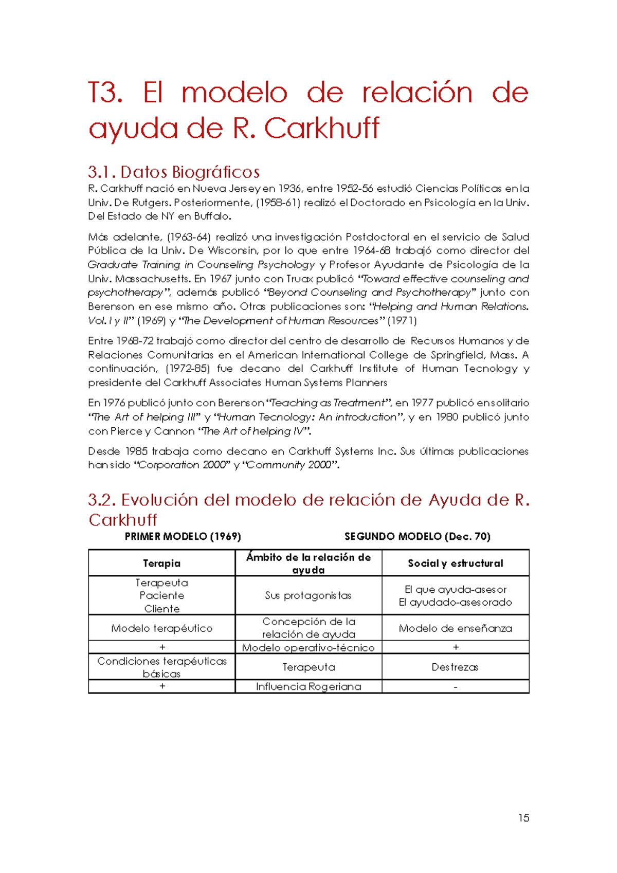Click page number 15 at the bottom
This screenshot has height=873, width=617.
pyautogui.click(x=523, y=818)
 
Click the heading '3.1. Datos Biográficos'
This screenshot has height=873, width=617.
pyautogui.click(x=174, y=172)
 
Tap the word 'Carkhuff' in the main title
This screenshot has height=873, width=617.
pyautogui.click(x=322, y=128)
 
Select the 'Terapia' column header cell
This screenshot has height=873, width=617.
pyautogui.click(x=161, y=563)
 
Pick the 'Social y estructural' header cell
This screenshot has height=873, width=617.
pyautogui.click(x=455, y=563)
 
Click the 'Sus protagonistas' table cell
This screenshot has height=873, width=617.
pyautogui.click(x=308, y=595)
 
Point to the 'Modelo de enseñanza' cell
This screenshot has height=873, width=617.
pyautogui.click(x=455, y=628)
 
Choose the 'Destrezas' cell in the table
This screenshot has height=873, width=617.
pyautogui.click(x=455, y=667)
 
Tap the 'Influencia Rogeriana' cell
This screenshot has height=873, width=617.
pyautogui.click(x=308, y=686)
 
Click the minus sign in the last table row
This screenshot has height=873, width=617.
pyautogui.click(x=456, y=687)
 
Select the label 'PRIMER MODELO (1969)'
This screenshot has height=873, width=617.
pyautogui.click(x=183, y=536)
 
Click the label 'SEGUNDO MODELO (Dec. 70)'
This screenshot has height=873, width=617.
pyautogui.click(x=417, y=536)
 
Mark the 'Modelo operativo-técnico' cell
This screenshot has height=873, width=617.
pyautogui.click(x=308, y=647)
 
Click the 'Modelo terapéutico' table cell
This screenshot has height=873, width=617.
pyautogui.click(x=161, y=628)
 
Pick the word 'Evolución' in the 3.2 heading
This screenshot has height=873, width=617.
pyautogui.click(x=159, y=500)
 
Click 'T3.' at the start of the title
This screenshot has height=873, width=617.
pyautogui.click(x=105, y=93)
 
